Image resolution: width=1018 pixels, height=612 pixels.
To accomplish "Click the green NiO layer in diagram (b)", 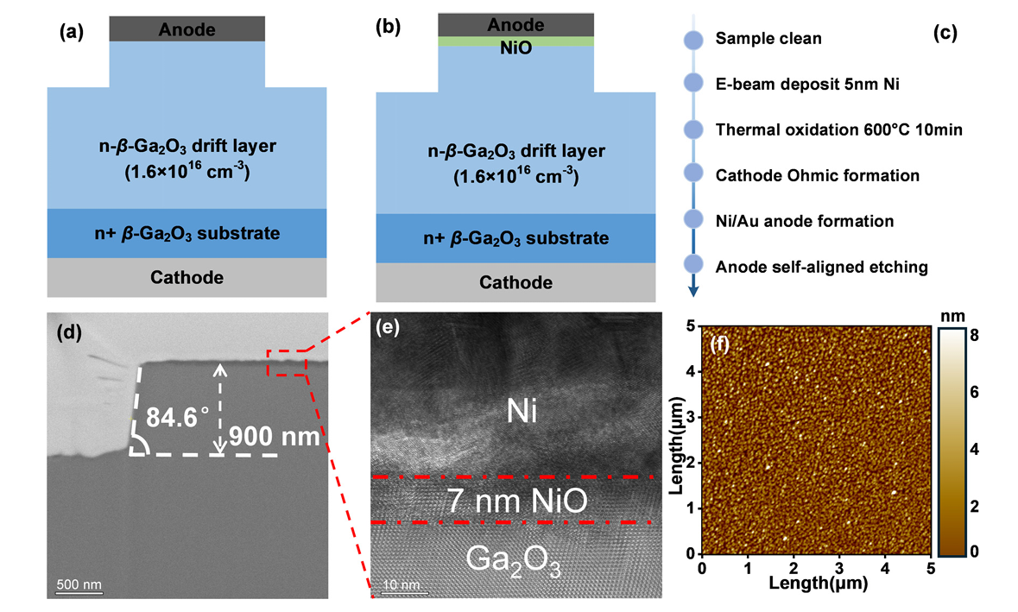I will (x=516, y=41).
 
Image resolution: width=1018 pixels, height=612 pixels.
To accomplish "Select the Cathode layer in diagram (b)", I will (x=515, y=282).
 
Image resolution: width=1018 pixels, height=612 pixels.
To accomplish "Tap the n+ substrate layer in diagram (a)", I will (x=187, y=233).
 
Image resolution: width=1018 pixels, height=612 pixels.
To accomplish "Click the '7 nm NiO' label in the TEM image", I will (x=515, y=500).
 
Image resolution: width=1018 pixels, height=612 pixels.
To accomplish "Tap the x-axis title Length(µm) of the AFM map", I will (x=815, y=584).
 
